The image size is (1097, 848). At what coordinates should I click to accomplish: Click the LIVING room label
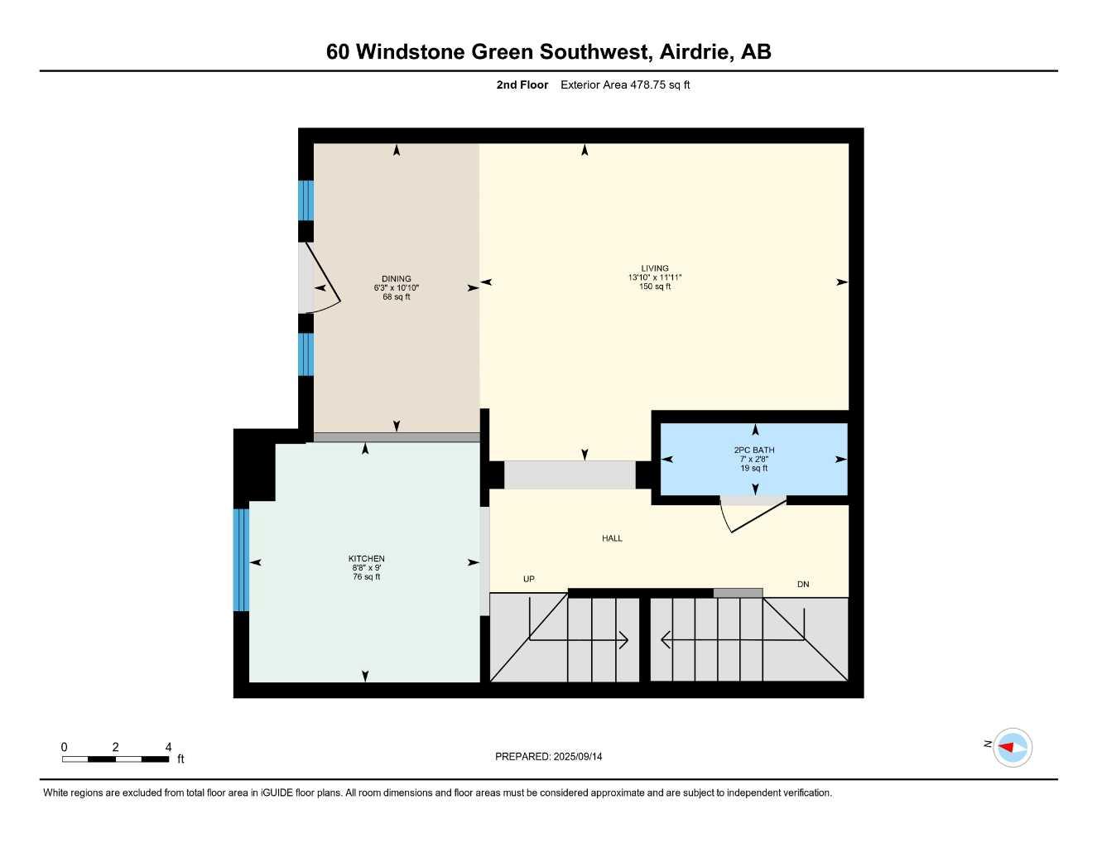(x=655, y=268)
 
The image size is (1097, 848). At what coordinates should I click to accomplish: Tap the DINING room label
(x=397, y=278)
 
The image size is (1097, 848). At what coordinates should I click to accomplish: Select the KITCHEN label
(x=367, y=559)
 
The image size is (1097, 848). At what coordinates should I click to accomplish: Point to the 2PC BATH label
(x=754, y=450)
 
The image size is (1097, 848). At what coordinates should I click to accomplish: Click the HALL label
(x=612, y=538)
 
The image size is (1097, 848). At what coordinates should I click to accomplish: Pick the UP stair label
(x=528, y=579)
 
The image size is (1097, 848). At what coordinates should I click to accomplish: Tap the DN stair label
(x=803, y=584)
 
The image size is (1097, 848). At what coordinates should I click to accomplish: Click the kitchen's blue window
(x=241, y=560)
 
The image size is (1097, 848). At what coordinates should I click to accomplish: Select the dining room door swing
(x=323, y=277)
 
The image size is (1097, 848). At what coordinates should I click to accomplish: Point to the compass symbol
(x=1013, y=748)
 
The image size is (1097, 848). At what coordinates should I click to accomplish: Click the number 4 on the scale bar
(x=168, y=747)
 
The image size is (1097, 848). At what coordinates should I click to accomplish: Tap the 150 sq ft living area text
(x=655, y=287)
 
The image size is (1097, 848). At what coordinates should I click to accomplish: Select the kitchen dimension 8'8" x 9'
(x=367, y=568)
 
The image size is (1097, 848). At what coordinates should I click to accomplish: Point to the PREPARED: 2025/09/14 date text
(x=549, y=757)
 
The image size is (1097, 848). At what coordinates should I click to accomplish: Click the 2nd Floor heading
(x=522, y=84)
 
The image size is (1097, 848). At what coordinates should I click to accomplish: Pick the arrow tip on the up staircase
(x=628, y=640)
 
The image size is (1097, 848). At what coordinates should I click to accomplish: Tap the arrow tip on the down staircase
(x=662, y=640)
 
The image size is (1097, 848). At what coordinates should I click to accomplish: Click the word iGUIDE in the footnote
(x=277, y=793)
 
